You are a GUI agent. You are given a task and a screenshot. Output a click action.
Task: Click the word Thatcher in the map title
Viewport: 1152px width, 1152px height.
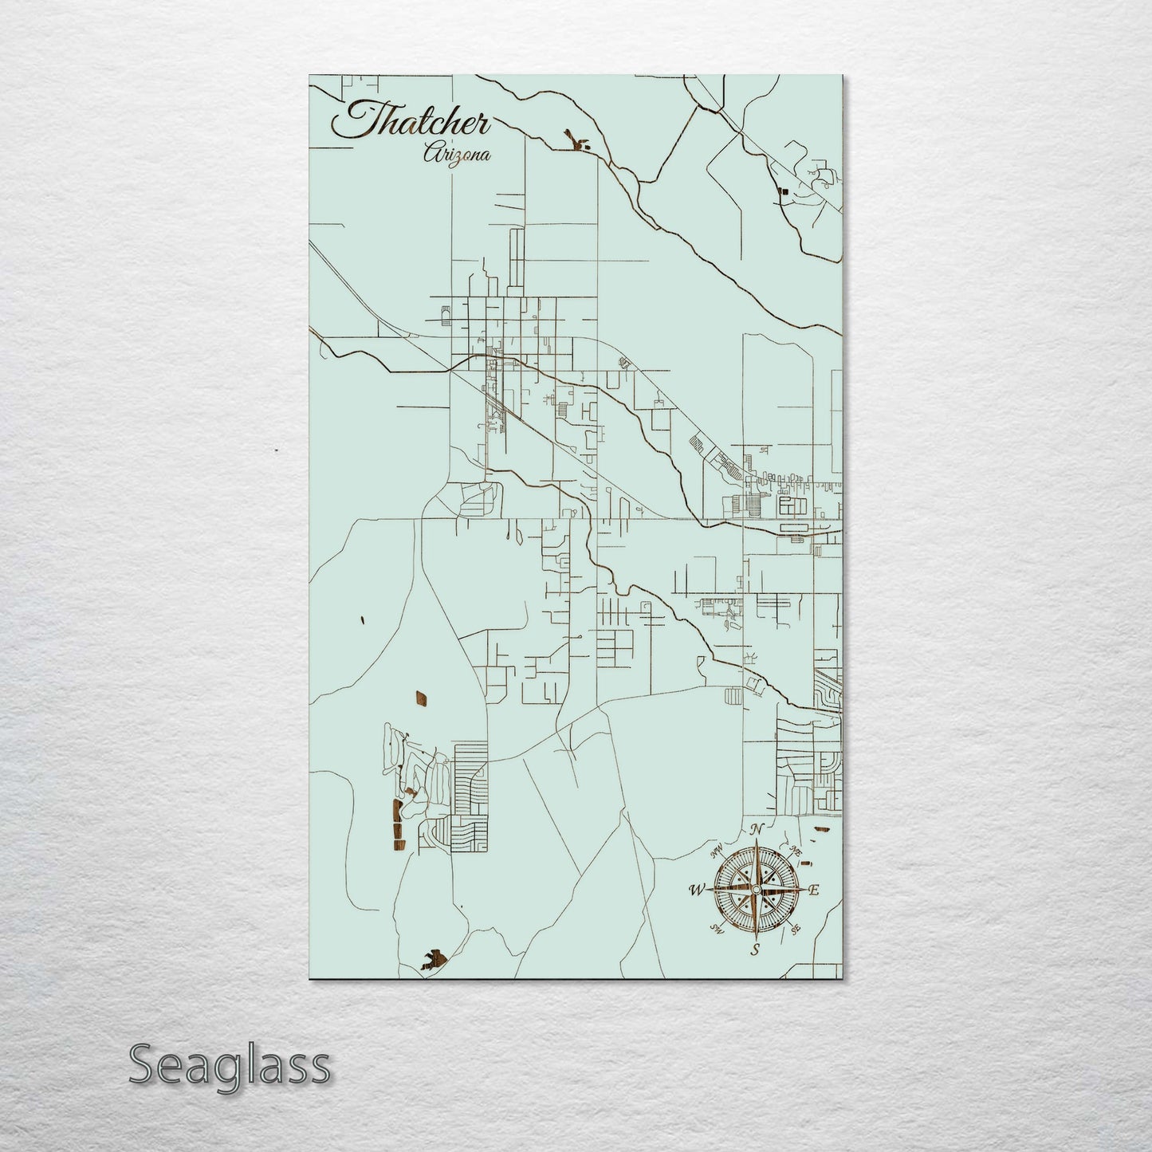click(x=411, y=122)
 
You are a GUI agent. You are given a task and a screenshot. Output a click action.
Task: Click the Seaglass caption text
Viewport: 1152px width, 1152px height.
click(x=229, y=1065)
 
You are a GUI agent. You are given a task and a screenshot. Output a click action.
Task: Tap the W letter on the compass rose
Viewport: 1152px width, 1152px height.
click(x=697, y=890)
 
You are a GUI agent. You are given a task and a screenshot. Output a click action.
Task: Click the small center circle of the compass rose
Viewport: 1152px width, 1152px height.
click(x=756, y=890)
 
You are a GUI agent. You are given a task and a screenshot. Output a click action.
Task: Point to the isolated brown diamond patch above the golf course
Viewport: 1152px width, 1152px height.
click(x=419, y=699)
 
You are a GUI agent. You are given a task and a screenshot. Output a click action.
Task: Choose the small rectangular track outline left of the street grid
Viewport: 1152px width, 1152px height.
click(x=442, y=316)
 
